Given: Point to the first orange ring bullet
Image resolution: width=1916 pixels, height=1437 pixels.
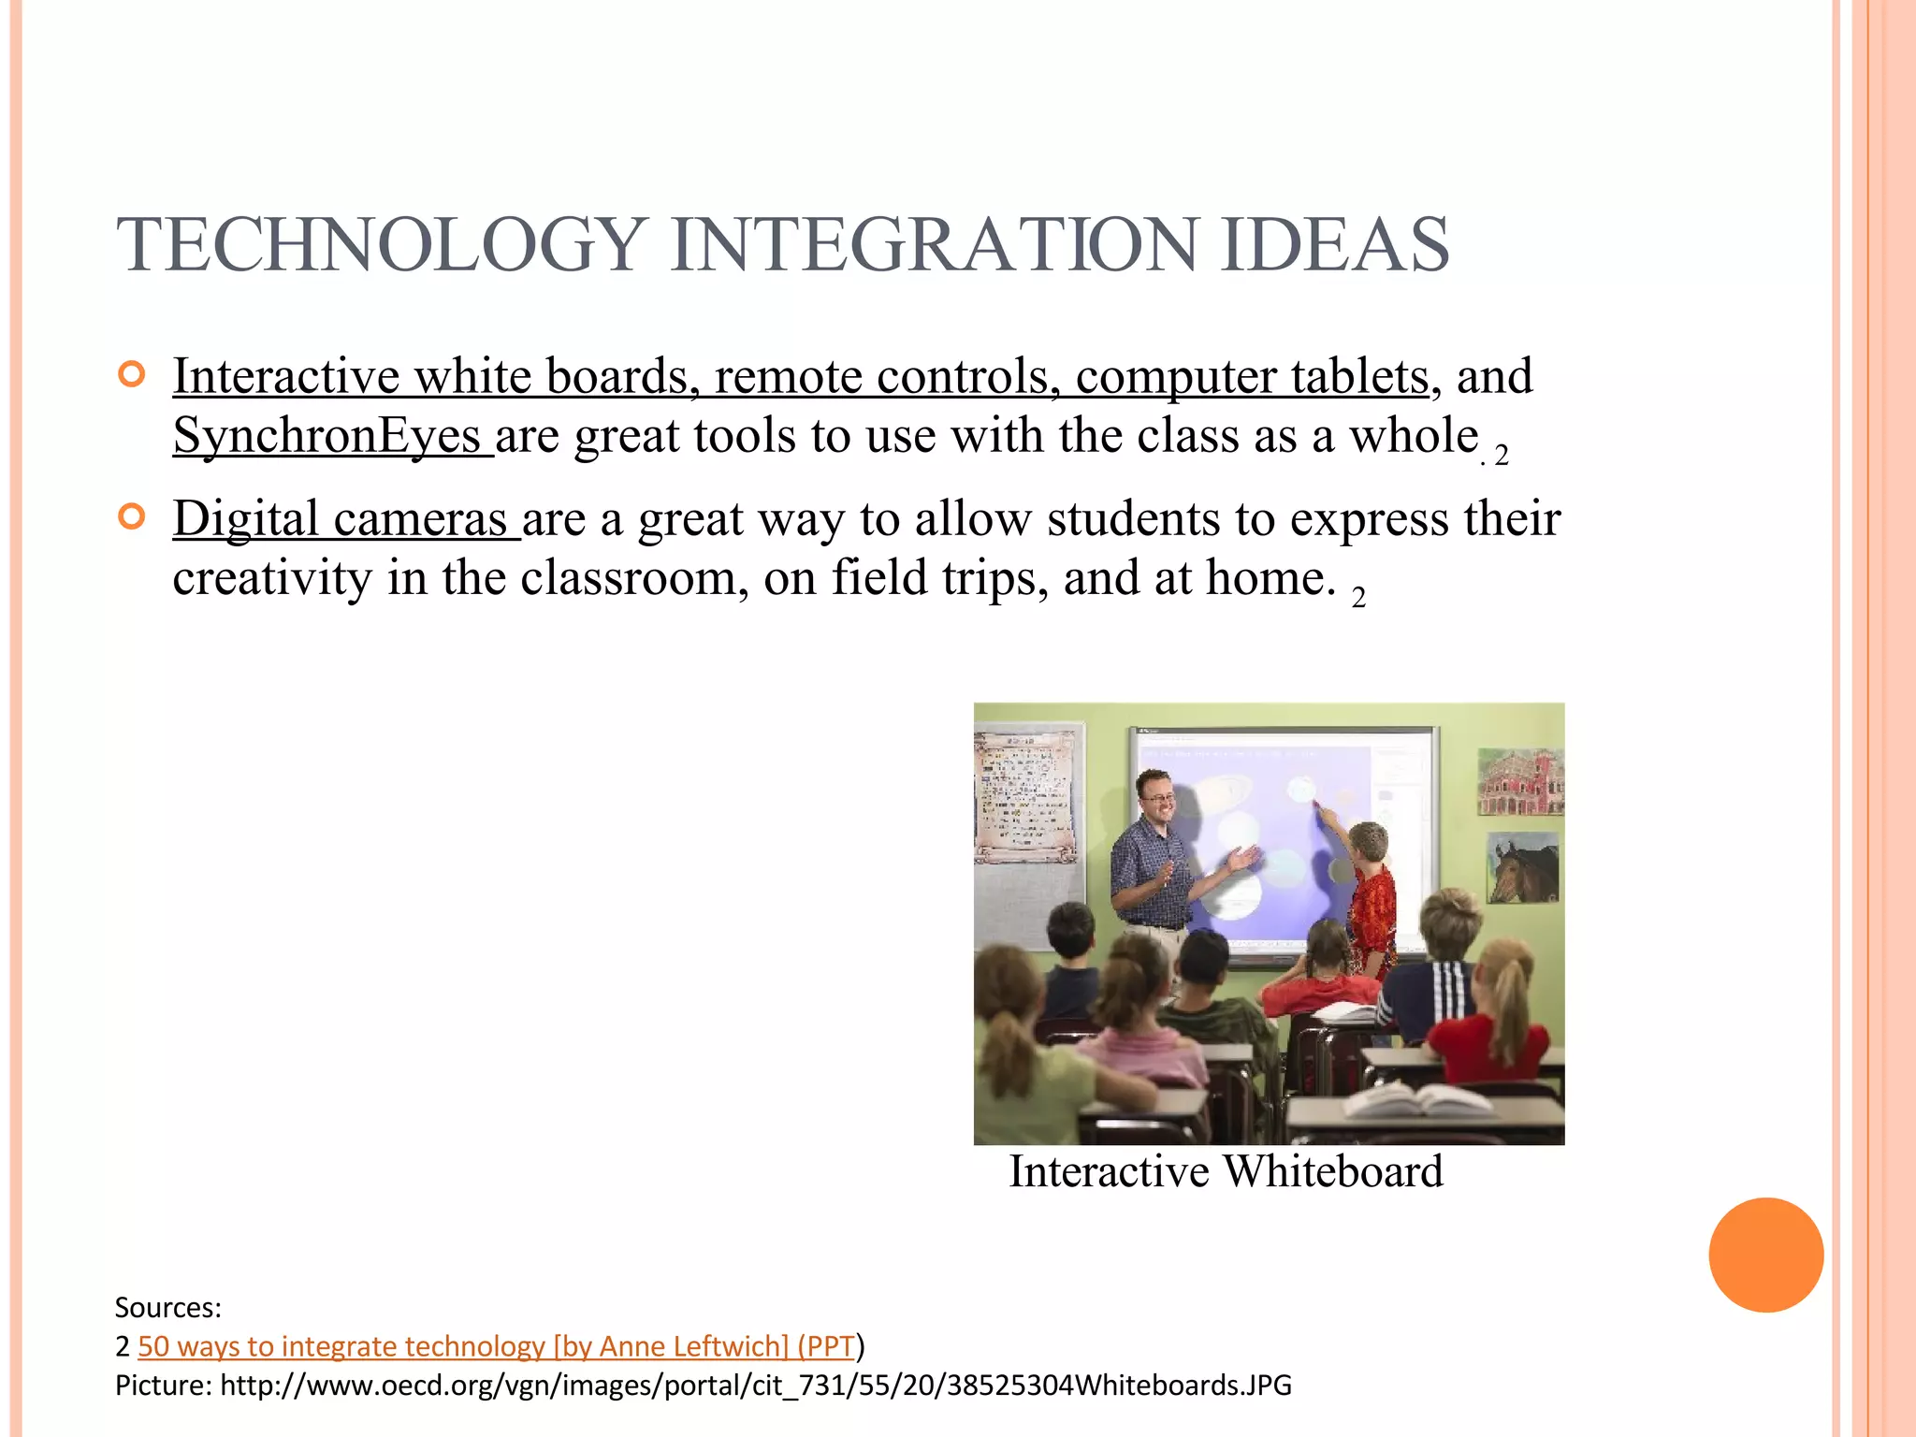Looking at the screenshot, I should point(132,375).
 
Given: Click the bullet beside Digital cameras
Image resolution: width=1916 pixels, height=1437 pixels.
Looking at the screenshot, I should point(132,516).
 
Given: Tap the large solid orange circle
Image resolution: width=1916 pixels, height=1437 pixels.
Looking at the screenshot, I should point(1765,1255).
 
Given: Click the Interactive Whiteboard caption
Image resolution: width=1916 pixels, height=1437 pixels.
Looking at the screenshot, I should point(1226,1172).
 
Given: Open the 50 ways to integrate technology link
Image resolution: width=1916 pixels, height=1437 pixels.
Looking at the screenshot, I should point(496,1346).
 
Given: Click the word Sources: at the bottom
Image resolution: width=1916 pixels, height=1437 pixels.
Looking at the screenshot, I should point(167,1307).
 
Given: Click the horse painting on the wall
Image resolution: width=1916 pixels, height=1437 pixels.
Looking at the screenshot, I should point(1524,868).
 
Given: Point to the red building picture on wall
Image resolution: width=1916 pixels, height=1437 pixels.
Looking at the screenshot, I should point(1519,781).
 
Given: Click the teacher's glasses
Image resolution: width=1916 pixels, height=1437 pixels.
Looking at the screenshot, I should point(1158,797).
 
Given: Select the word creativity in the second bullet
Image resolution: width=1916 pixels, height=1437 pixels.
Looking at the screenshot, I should point(272,578).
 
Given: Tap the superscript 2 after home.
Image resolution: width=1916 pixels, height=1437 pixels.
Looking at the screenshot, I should point(1358,598).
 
